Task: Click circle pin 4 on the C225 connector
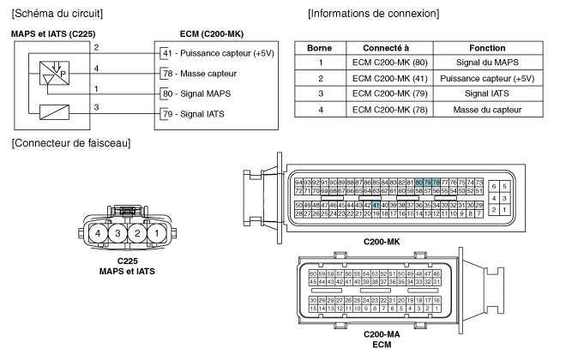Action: (x=76, y=233)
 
